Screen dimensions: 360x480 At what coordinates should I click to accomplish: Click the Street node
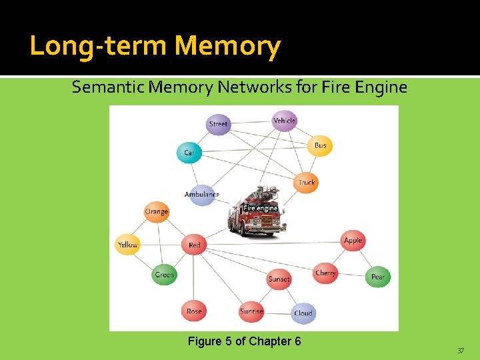[x=218, y=124]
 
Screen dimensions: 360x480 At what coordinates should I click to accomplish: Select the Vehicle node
[x=285, y=121]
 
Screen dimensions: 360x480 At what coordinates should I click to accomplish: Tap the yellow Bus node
[x=321, y=145]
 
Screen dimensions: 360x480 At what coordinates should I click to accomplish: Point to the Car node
[x=189, y=153]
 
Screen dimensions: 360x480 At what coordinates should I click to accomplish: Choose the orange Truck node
[x=306, y=182]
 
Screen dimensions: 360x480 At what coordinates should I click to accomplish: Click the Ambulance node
[x=202, y=195]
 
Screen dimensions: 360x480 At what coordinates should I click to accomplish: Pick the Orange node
[x=157, y=212]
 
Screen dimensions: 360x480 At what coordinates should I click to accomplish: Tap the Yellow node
[x=127, y=245]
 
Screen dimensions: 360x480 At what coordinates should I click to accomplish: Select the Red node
[x=194, y=245]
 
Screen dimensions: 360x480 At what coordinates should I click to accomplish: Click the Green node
[x=164, y=275]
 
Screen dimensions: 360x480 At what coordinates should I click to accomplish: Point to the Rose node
[x=194, y=311]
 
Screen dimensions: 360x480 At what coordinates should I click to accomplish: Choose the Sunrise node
[x=251, y=311]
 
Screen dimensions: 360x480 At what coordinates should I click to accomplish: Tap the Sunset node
[x=279, y=279]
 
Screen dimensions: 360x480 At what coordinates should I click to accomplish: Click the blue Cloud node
[x=303, y=313]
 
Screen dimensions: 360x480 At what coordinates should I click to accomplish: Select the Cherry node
[x=325, y=273]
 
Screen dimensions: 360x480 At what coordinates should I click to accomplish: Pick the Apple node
[x=353, y=240]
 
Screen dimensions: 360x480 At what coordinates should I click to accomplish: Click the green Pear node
[x=378, y=277]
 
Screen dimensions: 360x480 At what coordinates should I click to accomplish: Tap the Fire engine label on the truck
[x=260, y=208]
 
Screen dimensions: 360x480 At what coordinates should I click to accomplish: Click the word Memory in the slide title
[x=227, y=47]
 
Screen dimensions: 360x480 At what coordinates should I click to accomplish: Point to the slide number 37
[x=460, y=351]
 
